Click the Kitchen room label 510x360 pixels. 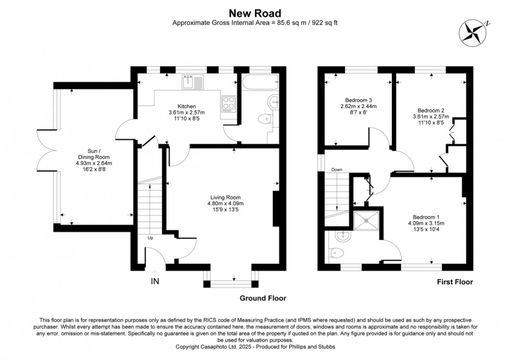click(x=186, y=106)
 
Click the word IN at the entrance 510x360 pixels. click(x=155, y=281)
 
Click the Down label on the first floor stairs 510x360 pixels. click(x=337, y=170)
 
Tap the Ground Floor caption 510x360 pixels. click(x=262, y=299)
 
